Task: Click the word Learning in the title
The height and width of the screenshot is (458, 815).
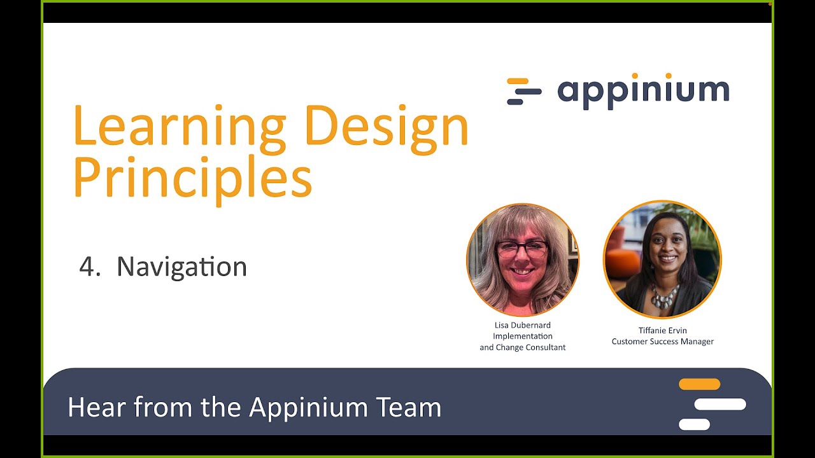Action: [x=179, y=126]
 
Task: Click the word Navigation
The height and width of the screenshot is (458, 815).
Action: [x=181, y=267]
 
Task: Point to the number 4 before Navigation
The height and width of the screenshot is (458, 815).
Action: [x=87, y=267]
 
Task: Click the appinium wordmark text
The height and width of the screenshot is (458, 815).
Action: [x=643, y=91]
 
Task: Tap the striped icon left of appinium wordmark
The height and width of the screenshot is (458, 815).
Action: [x=523, y=91]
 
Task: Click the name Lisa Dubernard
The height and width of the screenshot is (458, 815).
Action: [x=522, y=325]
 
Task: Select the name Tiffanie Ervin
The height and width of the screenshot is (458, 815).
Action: [x=662, y=330]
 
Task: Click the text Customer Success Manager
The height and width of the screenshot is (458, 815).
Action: [x=662, y=342]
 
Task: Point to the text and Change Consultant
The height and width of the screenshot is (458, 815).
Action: [x=522, y=347]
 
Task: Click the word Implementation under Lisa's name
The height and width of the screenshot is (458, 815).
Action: [x=522, y=336]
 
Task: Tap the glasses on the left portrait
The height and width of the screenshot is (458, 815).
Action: [x=521, y=249]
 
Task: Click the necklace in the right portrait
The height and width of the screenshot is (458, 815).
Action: [x=663, y=296]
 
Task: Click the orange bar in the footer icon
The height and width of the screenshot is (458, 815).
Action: [x=699, y=384]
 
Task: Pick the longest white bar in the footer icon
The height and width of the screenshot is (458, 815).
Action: [x=719, y=404]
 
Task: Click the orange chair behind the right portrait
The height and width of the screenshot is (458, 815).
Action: [x=621, y=262]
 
